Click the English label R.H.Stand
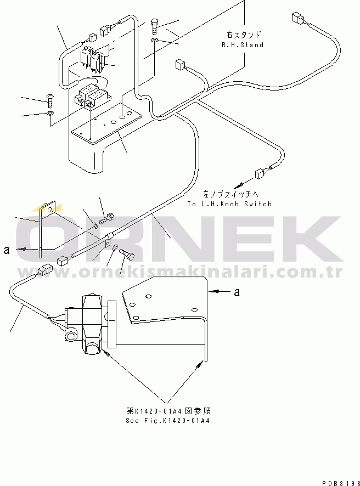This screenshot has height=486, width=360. coord(243,45)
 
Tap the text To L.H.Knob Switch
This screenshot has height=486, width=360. coord(229,204)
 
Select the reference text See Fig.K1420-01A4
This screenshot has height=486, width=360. coord(168,421)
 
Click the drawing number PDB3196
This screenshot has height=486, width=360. coord(341,483)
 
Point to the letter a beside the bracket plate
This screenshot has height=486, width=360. coord(237,292)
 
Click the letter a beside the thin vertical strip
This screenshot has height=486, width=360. coord(7,250)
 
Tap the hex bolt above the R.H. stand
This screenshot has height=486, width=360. coord(155,26)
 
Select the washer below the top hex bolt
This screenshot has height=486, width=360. coord(154,40)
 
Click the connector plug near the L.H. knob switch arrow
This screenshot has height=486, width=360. coord(259,173)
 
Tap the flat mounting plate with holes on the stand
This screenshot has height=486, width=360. coord(107,123)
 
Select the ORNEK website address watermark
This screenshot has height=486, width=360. coord(180,272)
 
